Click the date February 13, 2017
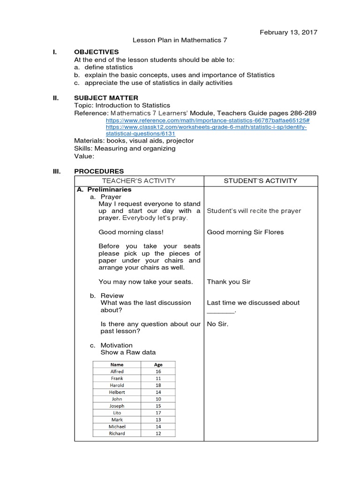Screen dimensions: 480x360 (288, 32)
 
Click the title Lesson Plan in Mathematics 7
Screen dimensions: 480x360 (180, 40)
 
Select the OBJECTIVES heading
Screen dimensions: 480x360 (97, 52)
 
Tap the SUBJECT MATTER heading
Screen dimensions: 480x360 (106, 98)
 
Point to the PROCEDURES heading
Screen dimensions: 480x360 (99, 171)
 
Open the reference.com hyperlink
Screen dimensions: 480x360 (208, 120)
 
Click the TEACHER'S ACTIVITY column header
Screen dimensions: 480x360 (139, 181)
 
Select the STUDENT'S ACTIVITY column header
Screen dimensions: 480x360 (261, 181)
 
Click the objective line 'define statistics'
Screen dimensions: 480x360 (108, 67)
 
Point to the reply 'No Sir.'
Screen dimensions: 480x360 (217, 324)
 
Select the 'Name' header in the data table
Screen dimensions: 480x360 (117, 365)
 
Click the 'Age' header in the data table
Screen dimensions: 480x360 (158, 365)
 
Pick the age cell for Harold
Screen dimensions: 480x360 (158, 385)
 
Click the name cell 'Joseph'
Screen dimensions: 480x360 (117, 406)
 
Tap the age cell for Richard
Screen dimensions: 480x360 (158, 434)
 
